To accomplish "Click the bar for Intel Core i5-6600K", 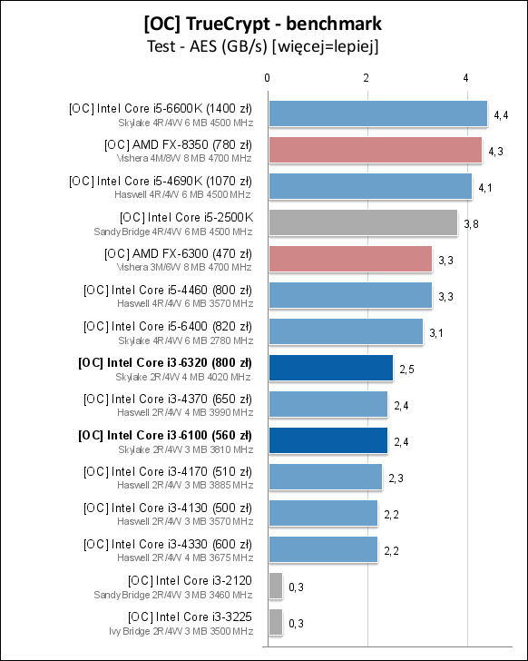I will coord(377,113).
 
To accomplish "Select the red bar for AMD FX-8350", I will coord(375,150).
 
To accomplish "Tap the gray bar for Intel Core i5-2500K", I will coord(362,222).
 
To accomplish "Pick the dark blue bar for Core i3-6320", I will coord(330,368).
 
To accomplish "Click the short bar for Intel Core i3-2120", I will coord(275,586).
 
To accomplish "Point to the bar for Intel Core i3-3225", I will coord(275,622).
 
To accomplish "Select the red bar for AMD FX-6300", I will coord(349,259).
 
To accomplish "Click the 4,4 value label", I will coord(501,114).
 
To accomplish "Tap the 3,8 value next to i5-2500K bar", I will coord(471,223).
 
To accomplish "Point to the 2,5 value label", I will coord(406,369).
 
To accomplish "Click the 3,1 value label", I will coord(436,332).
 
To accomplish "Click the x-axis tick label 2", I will coord(367,78).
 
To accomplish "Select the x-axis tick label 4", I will coord(465,78).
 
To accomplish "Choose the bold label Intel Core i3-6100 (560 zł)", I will coord(165,435).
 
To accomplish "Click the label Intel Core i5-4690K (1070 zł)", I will coord(161,181).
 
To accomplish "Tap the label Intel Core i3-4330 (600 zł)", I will coord(167,544).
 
